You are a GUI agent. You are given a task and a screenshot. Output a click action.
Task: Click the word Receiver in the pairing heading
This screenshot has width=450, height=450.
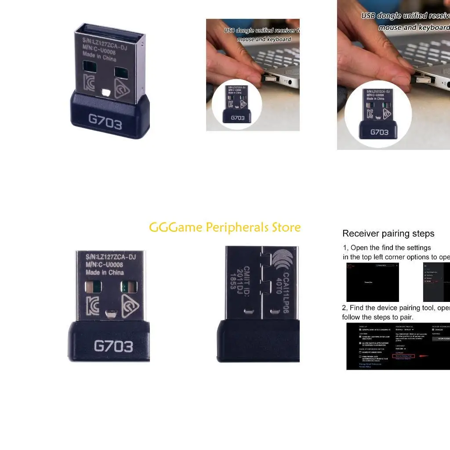click(x=361, y=234)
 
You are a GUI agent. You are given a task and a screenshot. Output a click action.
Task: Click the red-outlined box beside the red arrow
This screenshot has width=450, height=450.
click(x=403, y=356)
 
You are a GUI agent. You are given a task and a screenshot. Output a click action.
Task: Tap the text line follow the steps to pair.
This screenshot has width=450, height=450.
click(x=377, y=317)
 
